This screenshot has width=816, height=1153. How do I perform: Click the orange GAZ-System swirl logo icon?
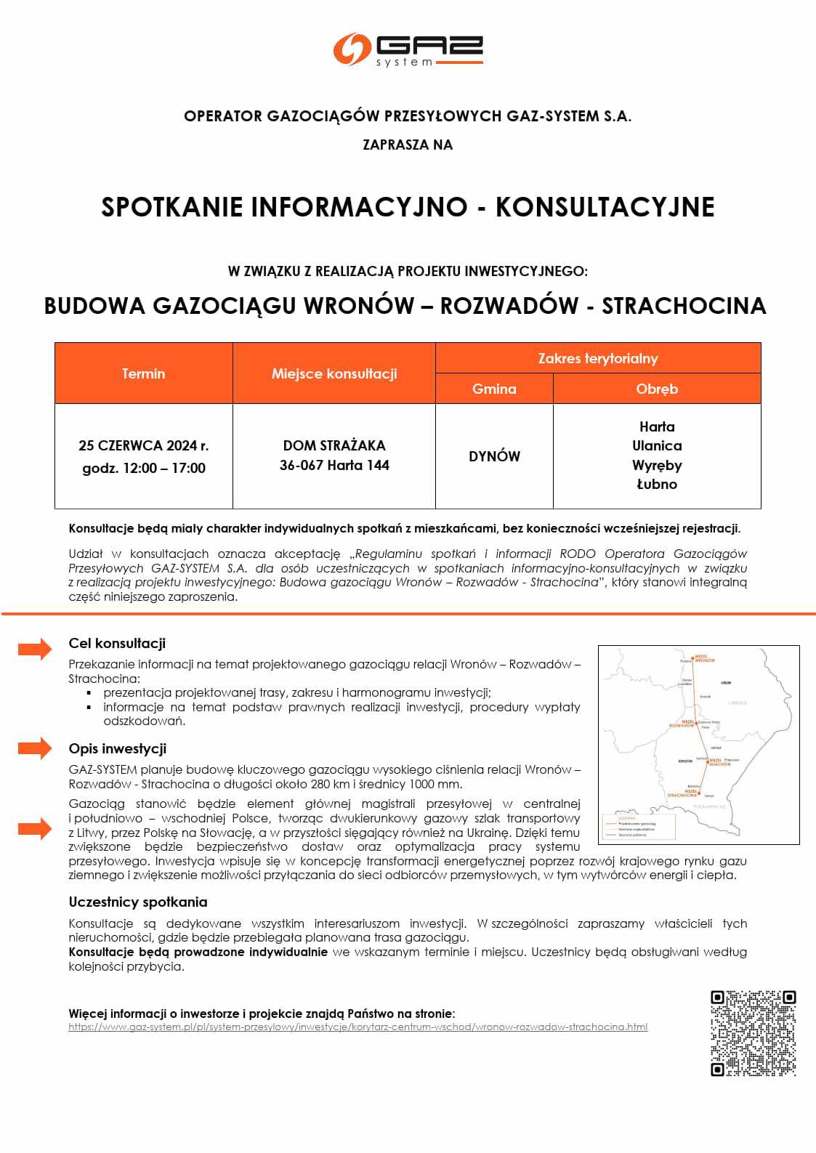coord(352,49)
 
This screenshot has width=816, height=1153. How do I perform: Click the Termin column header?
coord(144,373)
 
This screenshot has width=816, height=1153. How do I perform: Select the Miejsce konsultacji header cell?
coord(334,373)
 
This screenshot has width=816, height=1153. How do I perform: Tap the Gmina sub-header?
coord(494,389)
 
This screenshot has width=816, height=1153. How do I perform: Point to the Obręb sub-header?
coord(657,389)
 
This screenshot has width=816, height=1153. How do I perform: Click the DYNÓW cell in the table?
coord(494,456)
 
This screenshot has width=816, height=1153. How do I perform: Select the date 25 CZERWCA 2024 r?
coord(144,445)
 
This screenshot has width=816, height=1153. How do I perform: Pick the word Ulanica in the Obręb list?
coord(657,445)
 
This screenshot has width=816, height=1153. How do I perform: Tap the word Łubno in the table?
coord(657,484)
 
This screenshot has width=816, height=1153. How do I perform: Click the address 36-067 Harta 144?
coord(334,465)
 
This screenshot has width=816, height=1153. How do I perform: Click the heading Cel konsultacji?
coord(117,643)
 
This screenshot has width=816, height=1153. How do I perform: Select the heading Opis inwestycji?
coord(118,748)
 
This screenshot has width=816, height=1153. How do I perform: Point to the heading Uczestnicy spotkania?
coord(138,902)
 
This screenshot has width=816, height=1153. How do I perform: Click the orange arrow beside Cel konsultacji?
coord(35,648)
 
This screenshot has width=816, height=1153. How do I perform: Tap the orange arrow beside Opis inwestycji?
coord(35,748)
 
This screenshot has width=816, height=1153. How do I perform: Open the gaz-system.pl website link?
coord(357,1027)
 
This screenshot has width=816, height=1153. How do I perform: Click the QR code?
coord(753,1032)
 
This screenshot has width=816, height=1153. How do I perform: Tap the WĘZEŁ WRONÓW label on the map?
coord(705,658)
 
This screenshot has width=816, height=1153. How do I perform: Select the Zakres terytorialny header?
coord(598,358)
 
